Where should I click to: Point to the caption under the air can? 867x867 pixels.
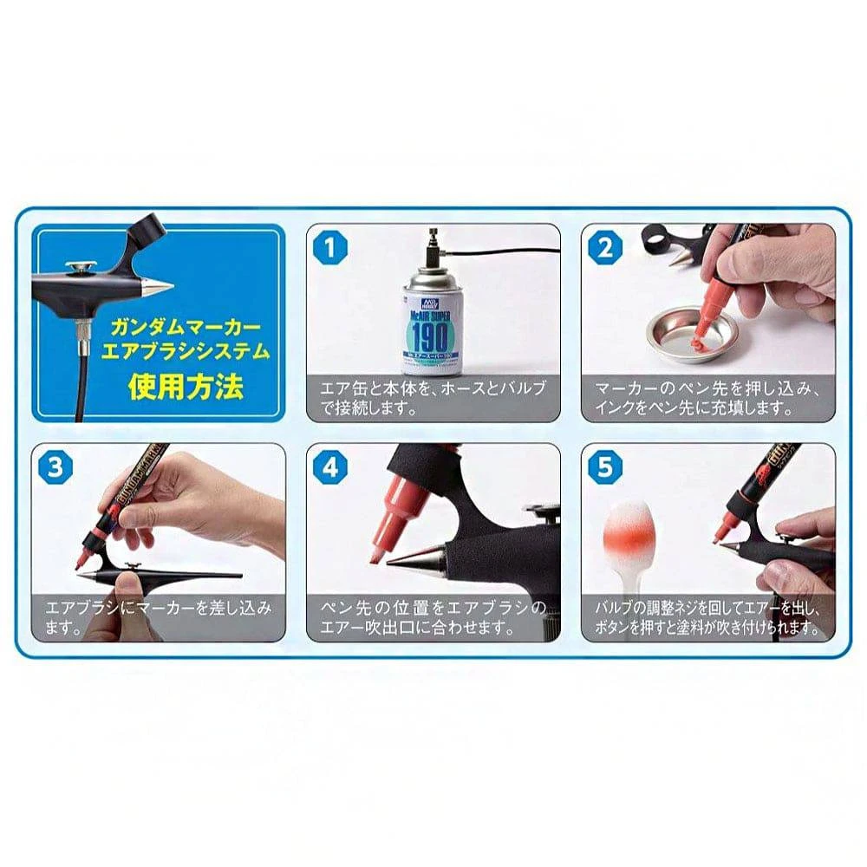tap(433, 397)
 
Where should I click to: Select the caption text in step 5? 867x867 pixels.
tap(707, 617)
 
